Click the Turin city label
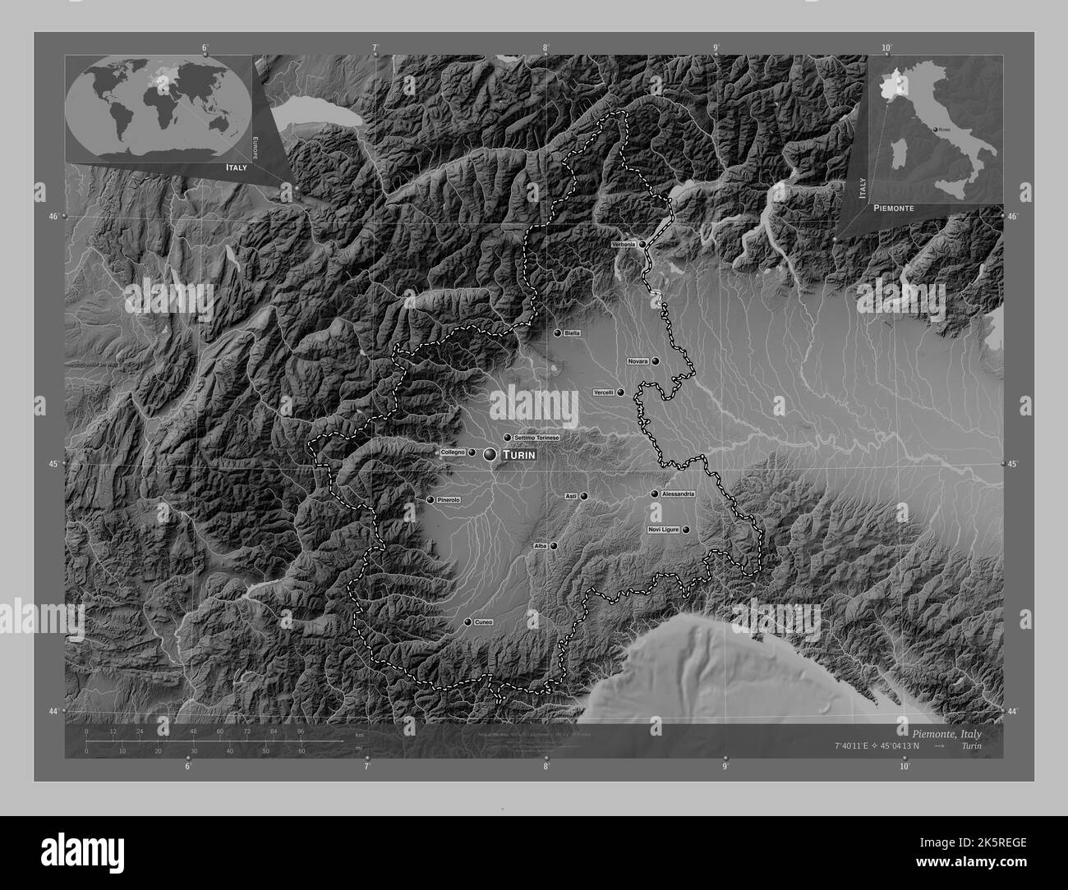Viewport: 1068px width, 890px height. point(518,455)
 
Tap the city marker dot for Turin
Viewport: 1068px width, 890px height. point(491,454)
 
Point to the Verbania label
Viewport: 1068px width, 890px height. point(624,245)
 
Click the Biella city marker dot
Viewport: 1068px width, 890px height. point(558,333)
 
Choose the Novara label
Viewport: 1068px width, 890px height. point(638,361)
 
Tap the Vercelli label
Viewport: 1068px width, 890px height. point(604,392)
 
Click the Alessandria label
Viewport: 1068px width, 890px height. point(679,494)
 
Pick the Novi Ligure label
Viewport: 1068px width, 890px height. point(664,530)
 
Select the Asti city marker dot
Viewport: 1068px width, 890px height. point(584,496)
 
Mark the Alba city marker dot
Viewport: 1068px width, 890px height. point(554,545)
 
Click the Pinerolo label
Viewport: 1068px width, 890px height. point(449,499)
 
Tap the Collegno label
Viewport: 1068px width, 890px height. point(453,452)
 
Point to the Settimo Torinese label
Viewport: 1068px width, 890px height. point(536,438)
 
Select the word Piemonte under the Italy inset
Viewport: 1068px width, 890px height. point(891,209)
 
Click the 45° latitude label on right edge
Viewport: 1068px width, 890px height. point(1012,465)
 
